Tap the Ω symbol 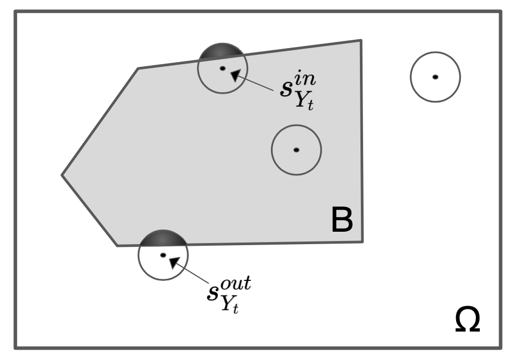[x=467, y=320]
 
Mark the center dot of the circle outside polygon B [x=435, y=77]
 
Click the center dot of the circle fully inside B [x=296, y=150]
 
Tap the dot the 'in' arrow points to [x=222, y=68]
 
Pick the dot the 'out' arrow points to [x=163, y=255]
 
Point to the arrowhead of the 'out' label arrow [x=175, y=262]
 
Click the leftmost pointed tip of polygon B [x=62, y=175]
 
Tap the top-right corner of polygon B [x=360, y=40]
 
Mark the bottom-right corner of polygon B [x=362, y=242]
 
